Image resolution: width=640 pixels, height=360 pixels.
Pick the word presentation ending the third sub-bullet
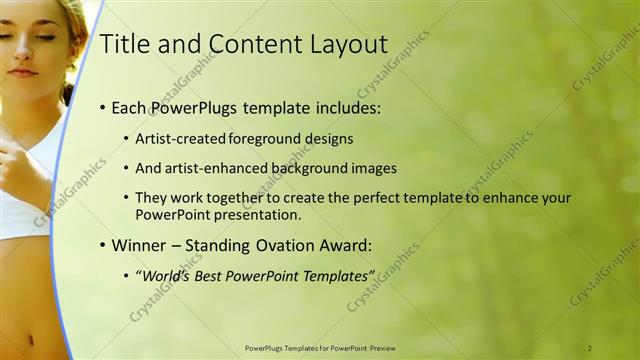pyautogui.click(x=255, y=214)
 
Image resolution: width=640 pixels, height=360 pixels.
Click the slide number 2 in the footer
pyautogui.click(x=590, y=347)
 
